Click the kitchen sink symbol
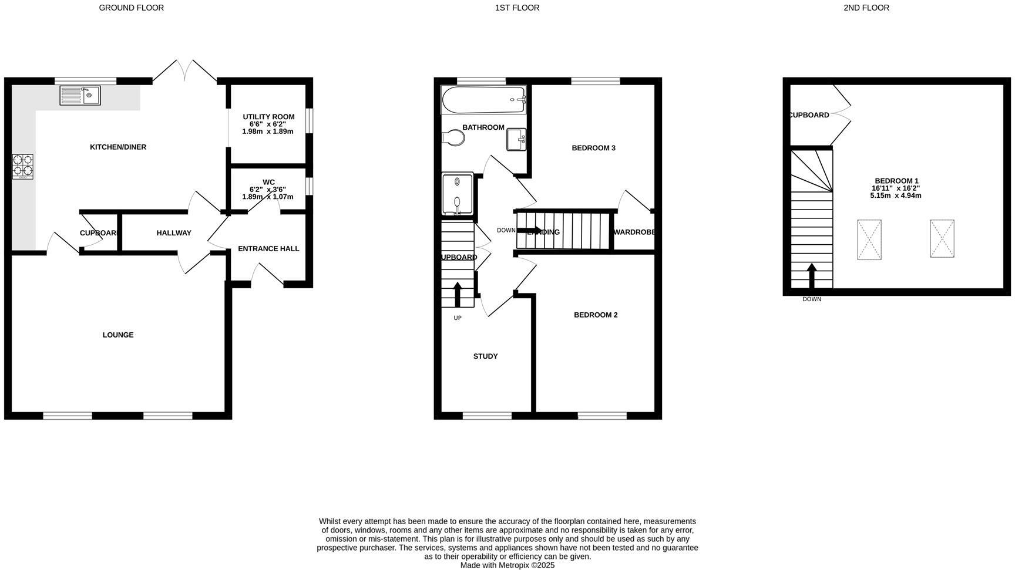coord(80,95)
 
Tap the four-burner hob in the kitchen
coord(22,166)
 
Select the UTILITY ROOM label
coord(268,117)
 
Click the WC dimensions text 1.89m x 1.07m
coord(267,197)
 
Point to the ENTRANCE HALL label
coord(268,249)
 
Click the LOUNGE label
coord(118,335)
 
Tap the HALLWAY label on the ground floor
coord(174,233)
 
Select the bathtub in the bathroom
coord(484,100)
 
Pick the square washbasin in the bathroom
coord(516,140)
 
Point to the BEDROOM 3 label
coord(593,148)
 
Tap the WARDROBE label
coord(634,232)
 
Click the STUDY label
coord(485,356)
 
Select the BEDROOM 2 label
coord(596,315)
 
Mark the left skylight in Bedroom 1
coord(869,240)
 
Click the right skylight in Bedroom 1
coord(942,239)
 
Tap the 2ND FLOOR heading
coord(866,8)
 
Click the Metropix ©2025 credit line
coord(507,565)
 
